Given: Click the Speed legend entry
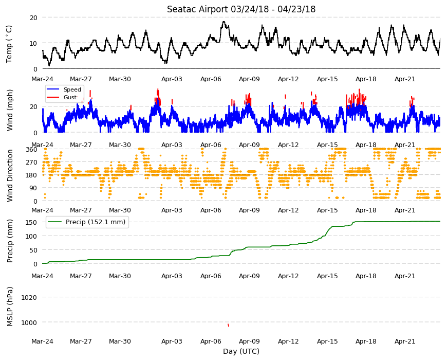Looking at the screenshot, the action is [x=72, y=89].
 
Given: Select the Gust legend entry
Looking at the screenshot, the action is [x=70, y=97].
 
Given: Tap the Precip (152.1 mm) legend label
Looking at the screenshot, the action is [x=96, y=222].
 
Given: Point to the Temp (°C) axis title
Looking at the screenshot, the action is [x=9, y=44].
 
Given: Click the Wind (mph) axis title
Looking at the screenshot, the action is [x=10, y=110].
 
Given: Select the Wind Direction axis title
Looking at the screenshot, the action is [x=10, y=175].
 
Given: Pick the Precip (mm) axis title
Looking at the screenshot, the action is [x=10, y=241].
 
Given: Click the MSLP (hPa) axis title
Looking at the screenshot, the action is [x=10, y=307].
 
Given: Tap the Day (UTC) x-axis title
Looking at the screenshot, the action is [x=241, y=351].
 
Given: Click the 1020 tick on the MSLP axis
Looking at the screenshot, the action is [x=29, y=298].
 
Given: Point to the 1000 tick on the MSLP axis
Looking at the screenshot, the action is [x=29, y=322].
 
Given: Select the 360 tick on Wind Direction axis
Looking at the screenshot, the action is [x=32, y=150].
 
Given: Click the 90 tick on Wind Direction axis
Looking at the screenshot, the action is [x=33, y=188].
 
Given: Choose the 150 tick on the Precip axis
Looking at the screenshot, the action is [x=32, y=222].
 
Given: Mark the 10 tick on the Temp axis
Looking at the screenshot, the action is [x=33, y=43].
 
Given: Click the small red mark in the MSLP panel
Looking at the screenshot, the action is [x=228, y=325].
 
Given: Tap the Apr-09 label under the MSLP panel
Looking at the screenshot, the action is [x=249, y=341].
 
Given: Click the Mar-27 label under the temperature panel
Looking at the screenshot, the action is [x=81, y=79].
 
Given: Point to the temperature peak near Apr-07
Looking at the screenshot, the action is [x=223, y=22].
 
